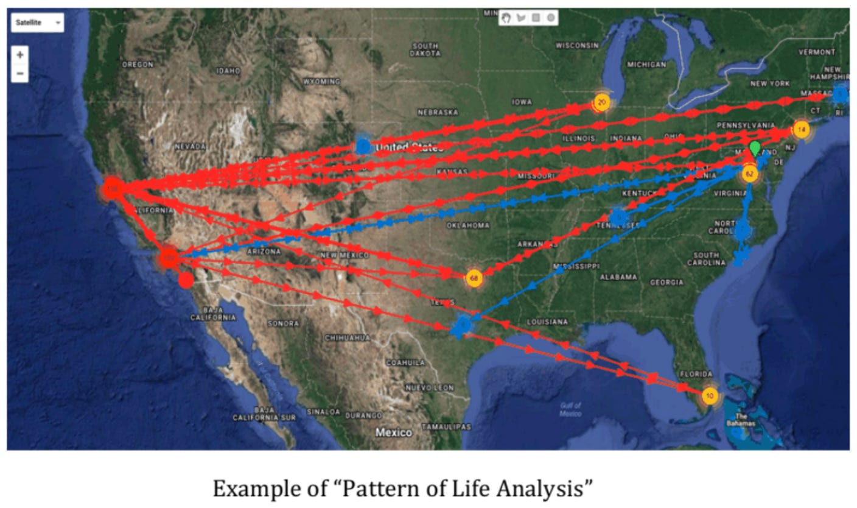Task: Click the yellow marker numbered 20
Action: (602, 102)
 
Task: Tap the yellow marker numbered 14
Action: (801, 129)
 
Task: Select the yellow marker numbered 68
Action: (474, 278)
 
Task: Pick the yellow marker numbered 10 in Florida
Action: (709, 396)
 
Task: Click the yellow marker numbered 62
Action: (749, 175)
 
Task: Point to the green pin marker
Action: (755, 148)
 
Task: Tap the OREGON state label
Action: (138, 64)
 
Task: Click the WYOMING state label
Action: (321, 82)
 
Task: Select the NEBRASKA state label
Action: (438, 112)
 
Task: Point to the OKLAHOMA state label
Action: (468, 225)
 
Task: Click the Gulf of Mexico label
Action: (570, 409)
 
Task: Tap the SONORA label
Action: (282, 323)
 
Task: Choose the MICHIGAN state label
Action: (646, 64)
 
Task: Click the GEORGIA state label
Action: (666, 282)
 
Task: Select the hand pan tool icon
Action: (506, 18)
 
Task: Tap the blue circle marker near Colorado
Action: (363, 146)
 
